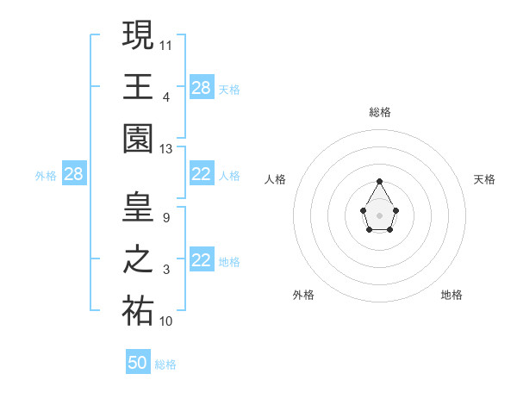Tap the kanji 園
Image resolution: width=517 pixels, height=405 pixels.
138,139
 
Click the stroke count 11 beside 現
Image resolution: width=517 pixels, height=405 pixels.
166,43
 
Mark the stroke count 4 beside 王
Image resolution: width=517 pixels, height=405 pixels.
166,97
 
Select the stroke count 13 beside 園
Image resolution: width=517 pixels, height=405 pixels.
166,149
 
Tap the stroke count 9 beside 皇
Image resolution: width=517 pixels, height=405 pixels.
165,217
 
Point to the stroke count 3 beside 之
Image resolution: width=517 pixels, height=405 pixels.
165,270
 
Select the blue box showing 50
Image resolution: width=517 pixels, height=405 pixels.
138,363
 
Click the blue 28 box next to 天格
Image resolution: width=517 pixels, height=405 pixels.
201,88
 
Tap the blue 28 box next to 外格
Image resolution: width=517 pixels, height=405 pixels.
74,174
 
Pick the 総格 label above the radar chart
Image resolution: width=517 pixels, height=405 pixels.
379,112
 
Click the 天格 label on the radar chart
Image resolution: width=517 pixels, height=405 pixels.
484,179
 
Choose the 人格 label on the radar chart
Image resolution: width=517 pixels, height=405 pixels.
276,179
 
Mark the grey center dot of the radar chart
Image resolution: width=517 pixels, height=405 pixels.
379,215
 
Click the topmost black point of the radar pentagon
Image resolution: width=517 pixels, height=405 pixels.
379,182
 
